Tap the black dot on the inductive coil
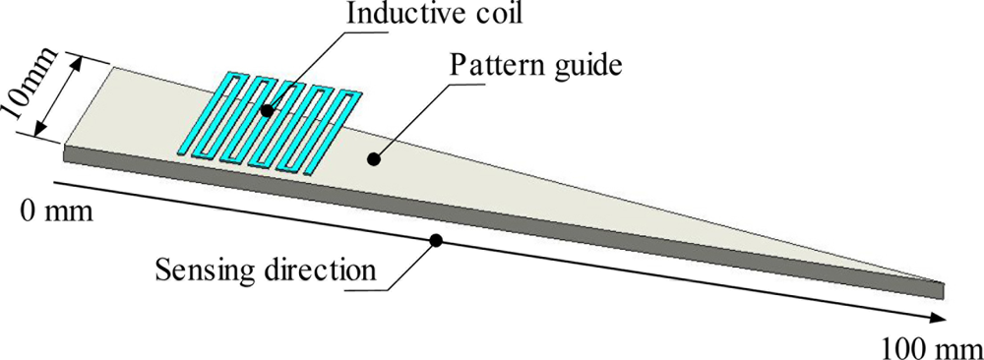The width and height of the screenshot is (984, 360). [267, 110]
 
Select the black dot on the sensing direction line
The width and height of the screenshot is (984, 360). [436, 240]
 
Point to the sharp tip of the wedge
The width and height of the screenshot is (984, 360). [943, 285]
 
